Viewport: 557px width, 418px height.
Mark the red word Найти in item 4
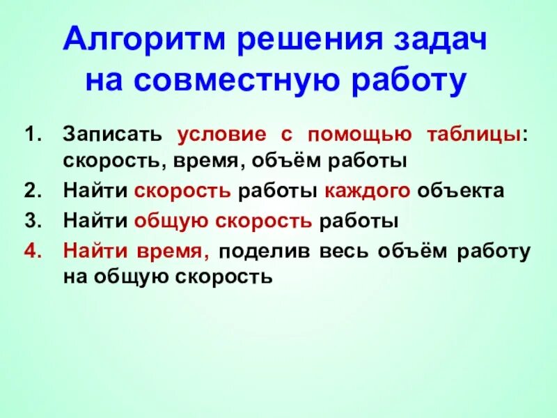point(91,251)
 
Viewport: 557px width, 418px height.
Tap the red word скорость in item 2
point(183,190)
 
